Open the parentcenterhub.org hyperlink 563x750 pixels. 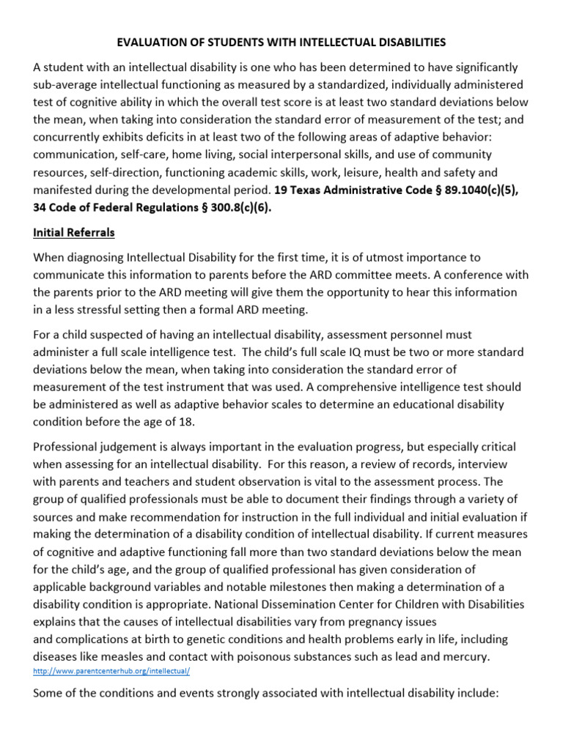click(112, 671)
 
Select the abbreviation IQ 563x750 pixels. click(362, 351)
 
